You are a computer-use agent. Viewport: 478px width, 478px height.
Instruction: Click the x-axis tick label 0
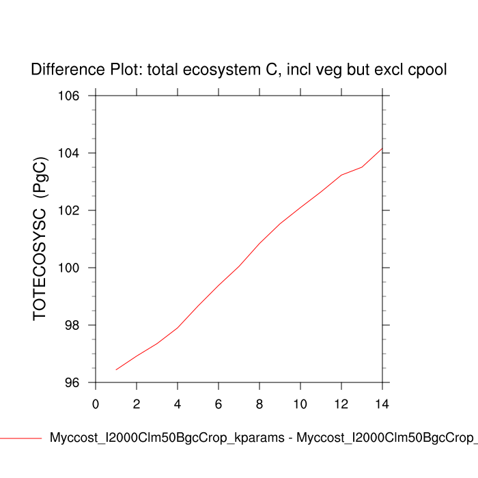(x=96, y=404)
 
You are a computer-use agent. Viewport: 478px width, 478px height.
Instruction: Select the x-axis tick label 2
(x=137, y=404)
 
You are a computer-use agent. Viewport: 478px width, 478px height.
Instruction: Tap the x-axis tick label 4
(x=178, y=404)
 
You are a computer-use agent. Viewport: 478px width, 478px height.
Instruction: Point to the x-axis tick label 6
(x=219, y=404)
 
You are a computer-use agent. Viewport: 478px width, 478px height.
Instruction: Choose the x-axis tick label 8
(x=259, y=404)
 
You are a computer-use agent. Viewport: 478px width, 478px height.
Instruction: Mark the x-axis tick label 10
(x=300, y=404)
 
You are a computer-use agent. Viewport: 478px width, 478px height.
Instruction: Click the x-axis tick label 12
(x=341, y=404)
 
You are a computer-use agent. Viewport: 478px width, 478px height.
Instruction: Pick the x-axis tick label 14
(x=382, y=404)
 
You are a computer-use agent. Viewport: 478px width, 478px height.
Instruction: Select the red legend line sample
(x=20, y=438)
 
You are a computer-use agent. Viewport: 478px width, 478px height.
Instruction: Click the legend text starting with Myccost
(x=263, y=438)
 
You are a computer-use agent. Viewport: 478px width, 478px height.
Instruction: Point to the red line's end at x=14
(x=382, y=148)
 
